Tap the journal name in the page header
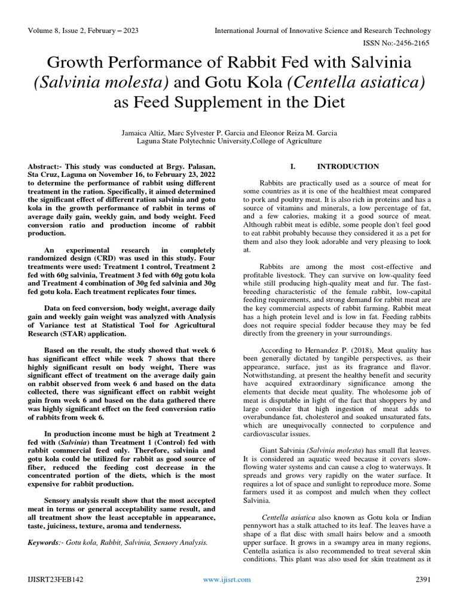[322, 30]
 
